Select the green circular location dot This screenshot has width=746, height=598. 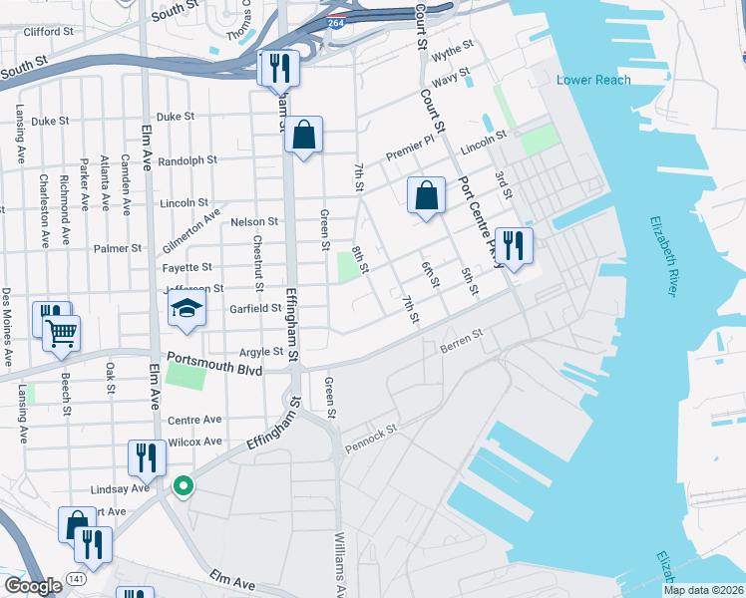pyautogui.click(x=183, y=486)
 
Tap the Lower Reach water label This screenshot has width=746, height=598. pyautogui.click(x=593, y=80)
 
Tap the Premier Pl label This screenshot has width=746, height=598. pyautogui.click(x=411, y=149)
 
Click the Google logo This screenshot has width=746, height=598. pyautogui.click(x=32, y=586)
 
